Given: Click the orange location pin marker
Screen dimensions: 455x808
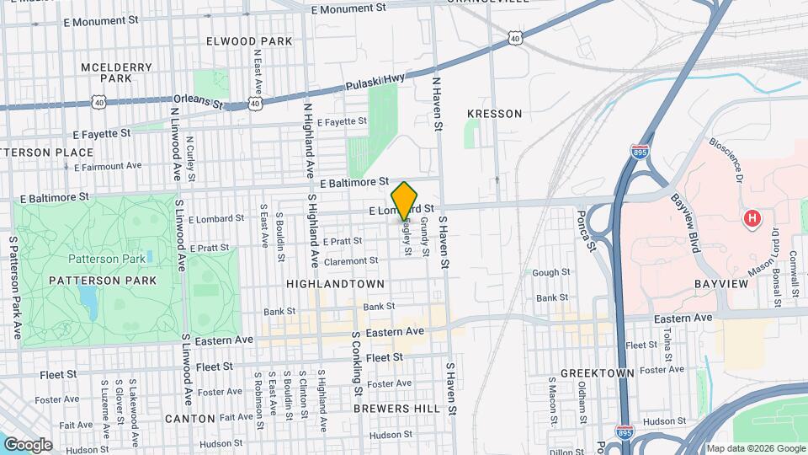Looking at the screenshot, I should click(404, 200).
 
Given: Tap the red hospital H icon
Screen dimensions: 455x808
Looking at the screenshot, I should click(752, 219).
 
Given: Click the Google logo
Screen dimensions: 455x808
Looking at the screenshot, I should click(27, 444).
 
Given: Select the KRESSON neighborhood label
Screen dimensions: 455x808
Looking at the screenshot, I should click(494, 113).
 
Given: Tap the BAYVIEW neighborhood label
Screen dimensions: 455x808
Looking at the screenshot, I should click(720, 284).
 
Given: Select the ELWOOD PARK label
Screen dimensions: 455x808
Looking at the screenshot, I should click(249, 40).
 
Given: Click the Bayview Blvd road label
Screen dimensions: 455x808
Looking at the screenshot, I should click(685, 220).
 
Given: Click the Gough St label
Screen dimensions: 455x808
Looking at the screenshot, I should click(551, 272).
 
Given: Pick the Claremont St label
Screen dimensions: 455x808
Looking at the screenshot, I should click(350, 261).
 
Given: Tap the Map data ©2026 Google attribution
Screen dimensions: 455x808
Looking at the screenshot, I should click(755, 447).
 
